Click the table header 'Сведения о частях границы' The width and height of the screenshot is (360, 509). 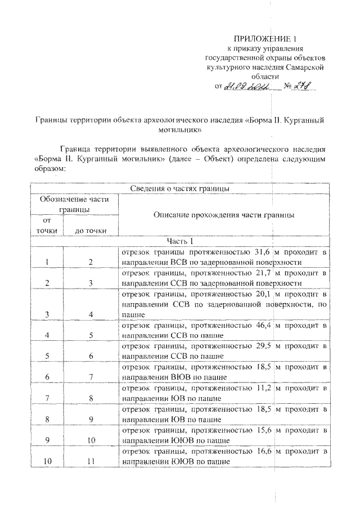[x=179, y=188]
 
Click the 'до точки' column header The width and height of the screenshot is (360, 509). [x=91, y=231]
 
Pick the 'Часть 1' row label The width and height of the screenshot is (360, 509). [x=179, y=241]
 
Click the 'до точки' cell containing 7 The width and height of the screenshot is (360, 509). [x=91, y=376]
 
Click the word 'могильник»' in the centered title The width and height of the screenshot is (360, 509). [x=179, y=129]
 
